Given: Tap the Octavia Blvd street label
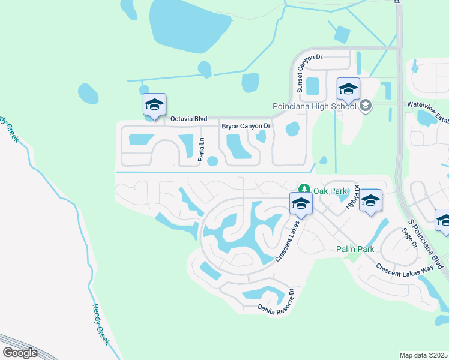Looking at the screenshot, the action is [188, 119].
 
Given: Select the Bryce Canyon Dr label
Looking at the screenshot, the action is [247, 127].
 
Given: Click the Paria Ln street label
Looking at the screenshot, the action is [202, 149].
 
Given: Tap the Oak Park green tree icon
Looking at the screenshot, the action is [305, 190].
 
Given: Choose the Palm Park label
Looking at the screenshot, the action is [355, 249].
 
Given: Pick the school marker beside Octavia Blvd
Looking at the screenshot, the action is [154, 104].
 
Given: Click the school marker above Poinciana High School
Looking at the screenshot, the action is [348, 89].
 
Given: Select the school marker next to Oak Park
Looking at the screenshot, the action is [301, 203].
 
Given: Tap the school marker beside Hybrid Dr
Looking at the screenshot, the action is [370, 200].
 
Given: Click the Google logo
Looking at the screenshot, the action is [20, 352].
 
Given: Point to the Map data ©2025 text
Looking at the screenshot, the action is [423, 355].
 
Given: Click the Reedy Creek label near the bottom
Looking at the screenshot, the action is [101, 324].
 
